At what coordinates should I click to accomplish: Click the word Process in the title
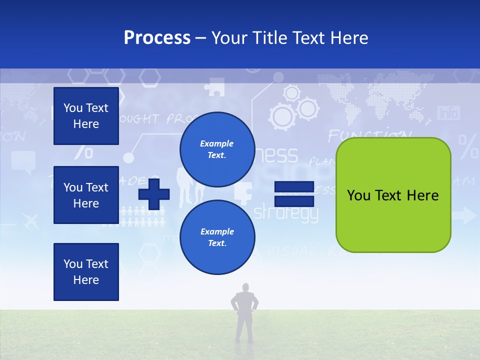[157, 38]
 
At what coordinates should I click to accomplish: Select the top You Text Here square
[86, 116]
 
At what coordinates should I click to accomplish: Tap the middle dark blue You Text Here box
[86, 195]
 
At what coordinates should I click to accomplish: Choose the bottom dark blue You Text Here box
[86, 272]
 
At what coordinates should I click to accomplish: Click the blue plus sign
[154, 193]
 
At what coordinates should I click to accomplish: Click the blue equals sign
[294, 194]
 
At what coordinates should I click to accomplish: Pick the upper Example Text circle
[217, 149]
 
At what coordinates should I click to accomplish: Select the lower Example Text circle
[217, 237]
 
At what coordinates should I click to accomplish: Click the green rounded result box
[393, 195]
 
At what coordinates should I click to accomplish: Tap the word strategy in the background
[286, 214]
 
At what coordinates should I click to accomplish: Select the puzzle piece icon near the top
[215, 87]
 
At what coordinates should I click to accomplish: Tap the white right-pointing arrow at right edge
[465, 216]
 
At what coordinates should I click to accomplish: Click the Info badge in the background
[448, 113]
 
